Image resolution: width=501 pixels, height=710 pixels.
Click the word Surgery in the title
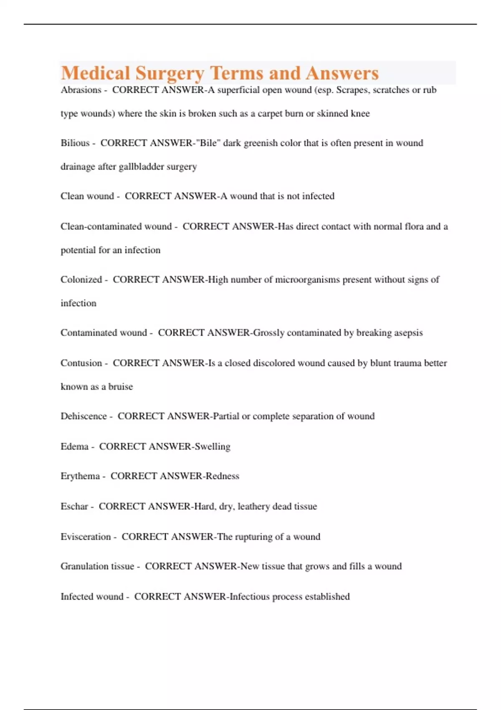coord(170,74)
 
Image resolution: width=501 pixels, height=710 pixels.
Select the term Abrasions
coord(81,90)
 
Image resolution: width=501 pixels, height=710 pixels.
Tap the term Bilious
coord(75,143)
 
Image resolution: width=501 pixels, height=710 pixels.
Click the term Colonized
coord(81,279)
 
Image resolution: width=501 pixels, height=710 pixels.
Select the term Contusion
coord(81,363)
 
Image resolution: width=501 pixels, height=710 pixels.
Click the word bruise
coord(121,387)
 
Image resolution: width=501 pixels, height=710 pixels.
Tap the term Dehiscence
coord(83,416)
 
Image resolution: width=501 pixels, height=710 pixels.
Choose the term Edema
coord(74,446)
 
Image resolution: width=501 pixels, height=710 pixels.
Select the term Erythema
coord(80,476)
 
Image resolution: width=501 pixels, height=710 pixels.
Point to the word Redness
coord(223,476)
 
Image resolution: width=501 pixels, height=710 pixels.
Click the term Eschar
coord(74,507)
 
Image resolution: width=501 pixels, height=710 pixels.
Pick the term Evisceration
coord(86,537)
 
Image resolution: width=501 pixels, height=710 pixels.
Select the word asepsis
coord(406,333)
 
